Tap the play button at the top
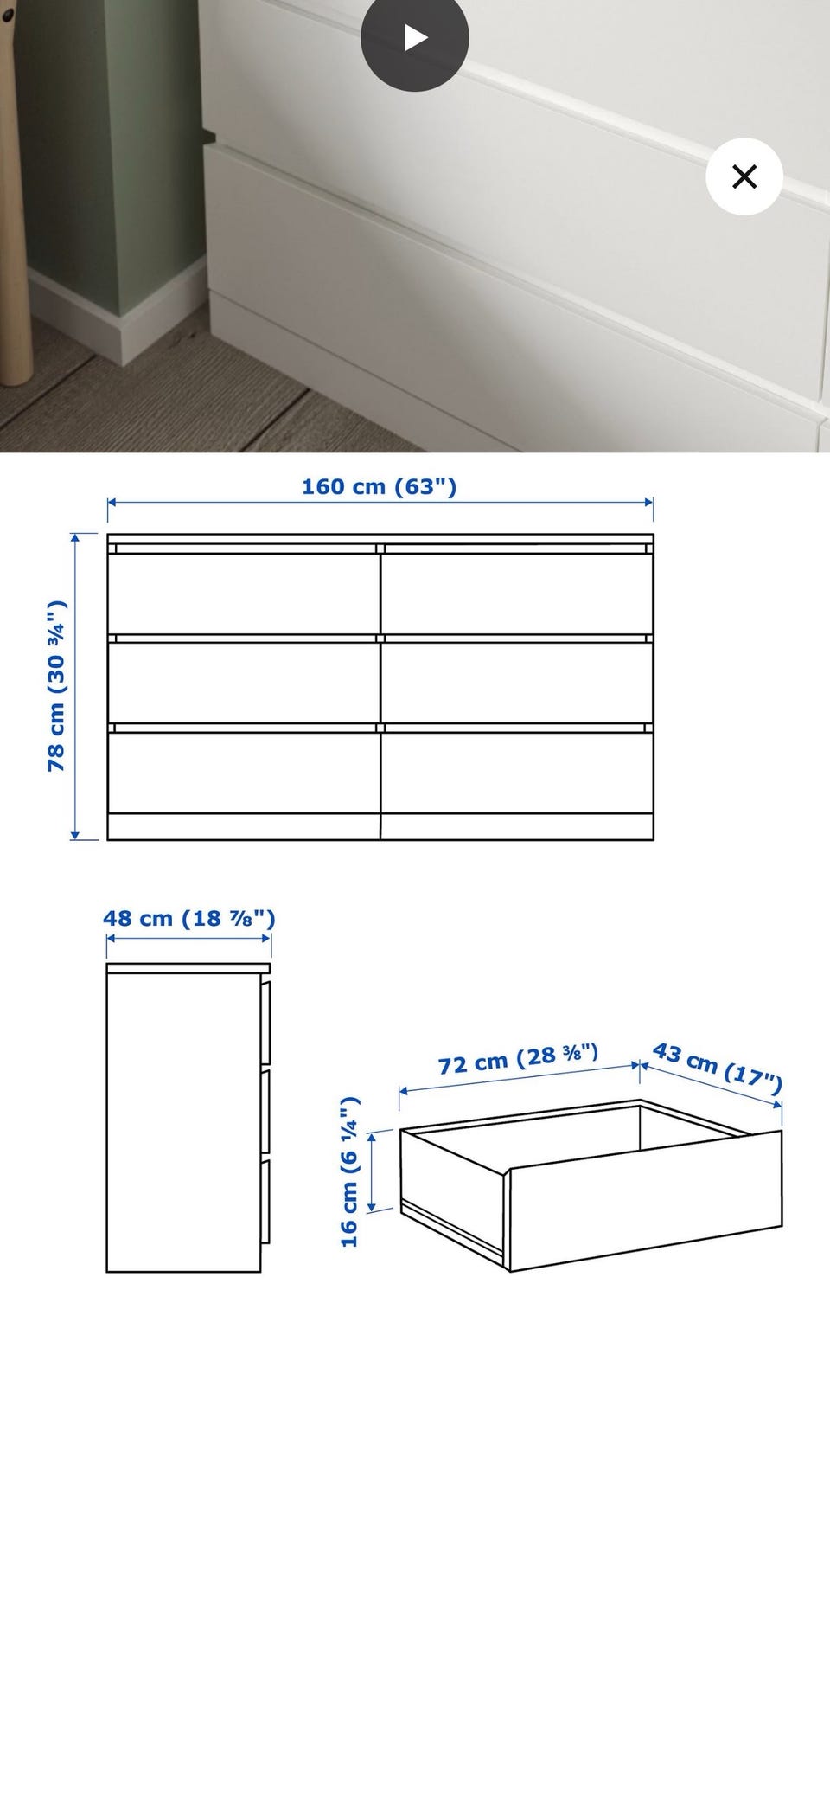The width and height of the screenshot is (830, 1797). click(415, 37)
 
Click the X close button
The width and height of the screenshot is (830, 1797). click(744, 176)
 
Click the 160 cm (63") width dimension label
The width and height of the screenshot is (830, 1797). click(379, 486)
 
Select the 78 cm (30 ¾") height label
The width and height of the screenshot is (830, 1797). click(56, 685)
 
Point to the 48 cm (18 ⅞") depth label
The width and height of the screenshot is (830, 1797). click(189, 918)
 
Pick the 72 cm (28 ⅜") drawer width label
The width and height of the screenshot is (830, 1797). click(518, 1058)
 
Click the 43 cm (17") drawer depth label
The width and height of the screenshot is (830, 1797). click(718, 1064)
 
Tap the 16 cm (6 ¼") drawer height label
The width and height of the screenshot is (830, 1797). click(349, 1172)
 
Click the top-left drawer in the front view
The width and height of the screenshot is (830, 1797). click(244, 594)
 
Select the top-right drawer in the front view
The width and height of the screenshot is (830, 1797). click(517, 594)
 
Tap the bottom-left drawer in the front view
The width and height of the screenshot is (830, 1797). click(244, 773)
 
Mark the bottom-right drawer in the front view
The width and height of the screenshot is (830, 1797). click(517, 773)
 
